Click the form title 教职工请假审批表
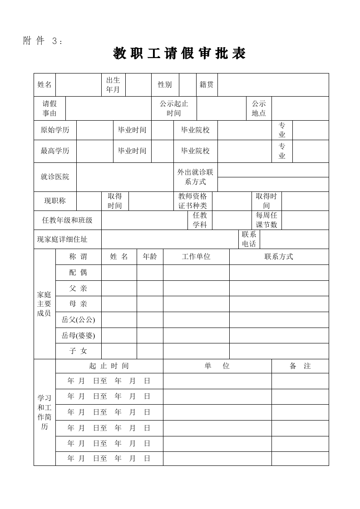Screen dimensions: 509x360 tap(179, 54)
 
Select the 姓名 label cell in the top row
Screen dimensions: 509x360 tap(44, 84)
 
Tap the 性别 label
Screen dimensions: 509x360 tap(165, 84)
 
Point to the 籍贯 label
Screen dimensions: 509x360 tap(207, 84)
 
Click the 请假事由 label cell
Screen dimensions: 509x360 tap(49, 108)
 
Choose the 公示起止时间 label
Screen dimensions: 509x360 tap(174, 108)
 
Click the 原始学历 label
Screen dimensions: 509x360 tap(55, 130)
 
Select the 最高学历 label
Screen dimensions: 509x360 tap(55, 151)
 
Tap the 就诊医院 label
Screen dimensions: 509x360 tap(55, 177)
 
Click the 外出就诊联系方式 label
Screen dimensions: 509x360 tap(195, 177)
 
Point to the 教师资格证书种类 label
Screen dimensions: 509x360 tap(192, 201)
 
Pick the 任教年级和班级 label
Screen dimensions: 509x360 tap(67, 220)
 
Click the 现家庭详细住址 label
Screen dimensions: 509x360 tap(62, 239)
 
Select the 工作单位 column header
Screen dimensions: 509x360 tap(196, 257)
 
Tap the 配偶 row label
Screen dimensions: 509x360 tap(78, 273)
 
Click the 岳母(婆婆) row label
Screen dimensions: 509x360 tap(78, 335)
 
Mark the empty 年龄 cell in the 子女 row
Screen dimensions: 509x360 tap(150, 351)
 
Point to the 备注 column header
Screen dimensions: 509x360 tap(300, 366)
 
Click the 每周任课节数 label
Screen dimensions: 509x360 tap(266, 220)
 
